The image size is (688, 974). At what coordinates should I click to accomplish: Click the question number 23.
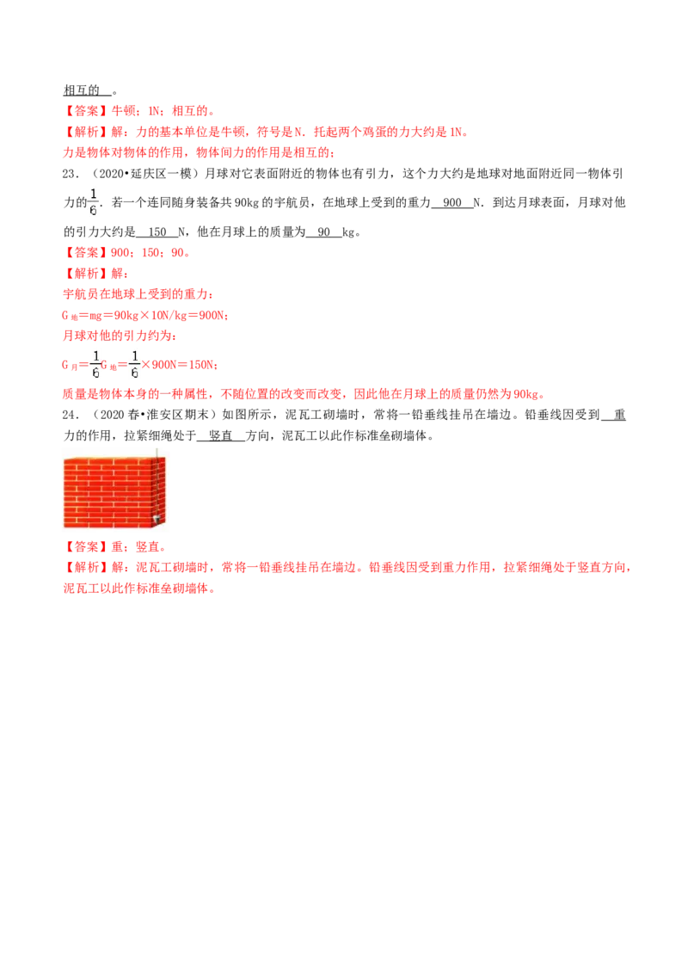click(71, 174)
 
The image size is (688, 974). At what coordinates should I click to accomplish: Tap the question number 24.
click(71, 415)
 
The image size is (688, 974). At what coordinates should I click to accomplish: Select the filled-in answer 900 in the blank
click(452, 202)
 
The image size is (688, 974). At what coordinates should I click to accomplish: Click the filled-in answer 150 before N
click(157, 231)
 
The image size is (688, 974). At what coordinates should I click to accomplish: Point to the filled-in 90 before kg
click(323, 231)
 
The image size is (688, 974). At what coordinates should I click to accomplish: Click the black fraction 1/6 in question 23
click(94, 202)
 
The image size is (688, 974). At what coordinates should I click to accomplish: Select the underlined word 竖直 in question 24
click(220, 435)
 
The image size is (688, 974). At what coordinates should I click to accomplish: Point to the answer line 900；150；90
click(127, 253)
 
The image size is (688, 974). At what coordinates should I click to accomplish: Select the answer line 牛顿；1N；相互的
click(139, 111)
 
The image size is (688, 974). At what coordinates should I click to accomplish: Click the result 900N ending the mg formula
click(211, 316)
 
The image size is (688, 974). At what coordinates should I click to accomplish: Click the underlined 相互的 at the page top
click(82, 90)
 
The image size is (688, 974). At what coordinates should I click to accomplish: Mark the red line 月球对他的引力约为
click(120, 336)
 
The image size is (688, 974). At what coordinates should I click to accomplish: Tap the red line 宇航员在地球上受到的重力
click(138, 294)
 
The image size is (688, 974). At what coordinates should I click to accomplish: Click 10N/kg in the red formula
click(169, 316)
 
